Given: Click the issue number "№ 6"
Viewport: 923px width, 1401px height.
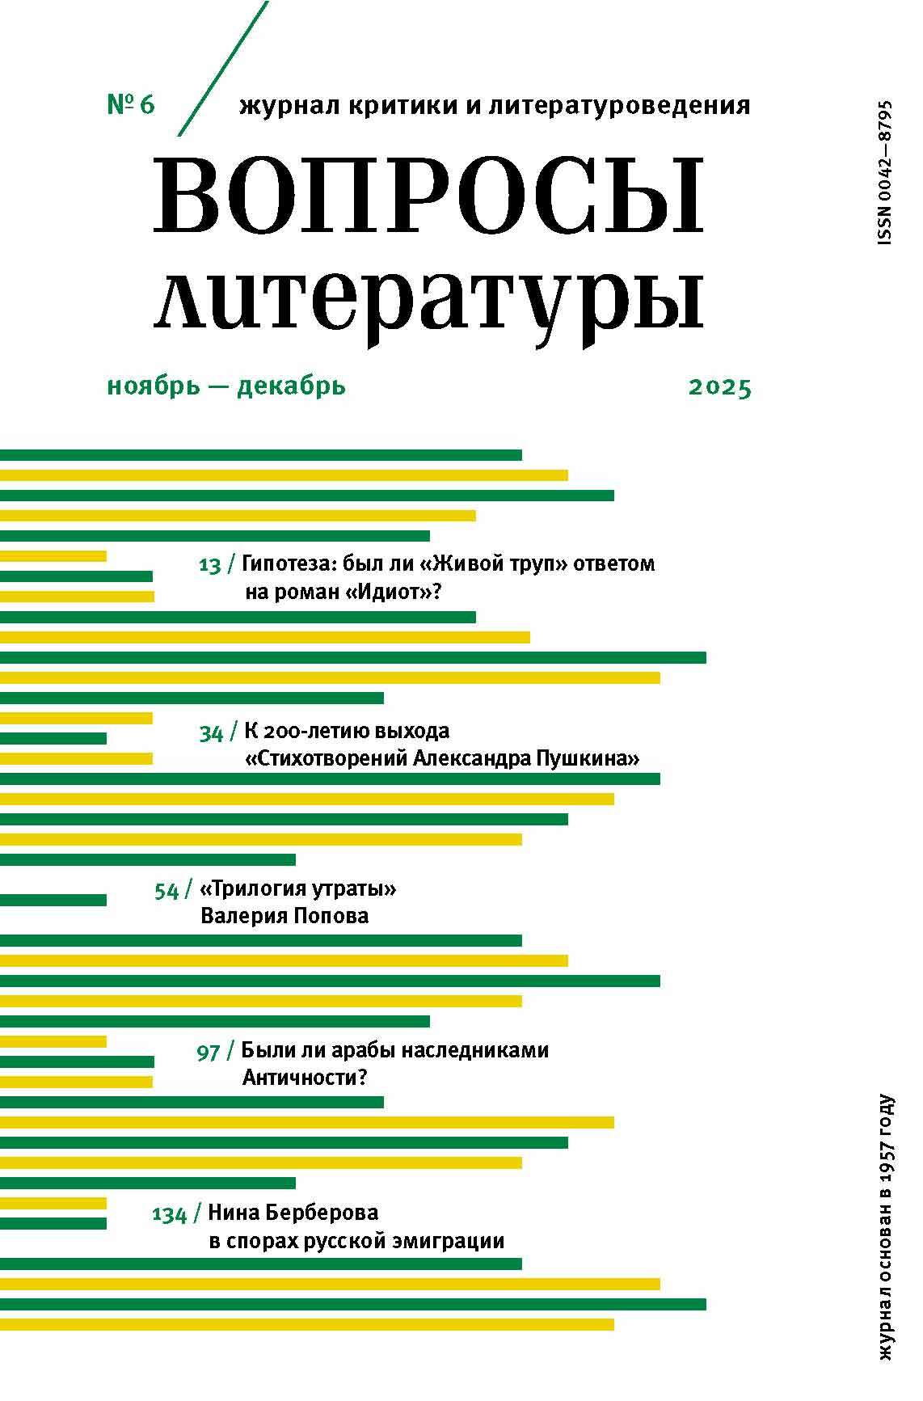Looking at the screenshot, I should point(130,105).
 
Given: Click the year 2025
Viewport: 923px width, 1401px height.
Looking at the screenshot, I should point(720,388).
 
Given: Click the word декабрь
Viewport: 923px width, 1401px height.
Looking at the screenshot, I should point(291,386).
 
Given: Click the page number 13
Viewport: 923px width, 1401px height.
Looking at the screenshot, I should point(209,565).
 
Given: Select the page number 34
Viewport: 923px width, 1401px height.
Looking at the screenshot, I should point(211,733).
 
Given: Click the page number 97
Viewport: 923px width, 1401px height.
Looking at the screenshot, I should point(208,1053).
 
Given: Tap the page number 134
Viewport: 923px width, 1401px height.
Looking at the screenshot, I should point(169,1215).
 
